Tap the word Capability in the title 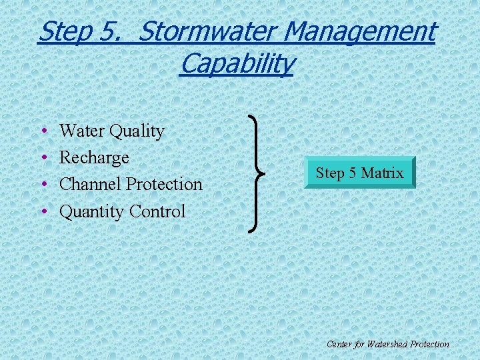236,64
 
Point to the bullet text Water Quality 111,131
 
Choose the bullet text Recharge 94,158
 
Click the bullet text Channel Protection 131,184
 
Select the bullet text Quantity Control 122,211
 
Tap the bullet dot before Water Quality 43,132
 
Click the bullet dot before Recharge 43,159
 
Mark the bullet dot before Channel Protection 43,185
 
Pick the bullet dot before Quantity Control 43,212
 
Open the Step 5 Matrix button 359,173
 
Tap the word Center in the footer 339,344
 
